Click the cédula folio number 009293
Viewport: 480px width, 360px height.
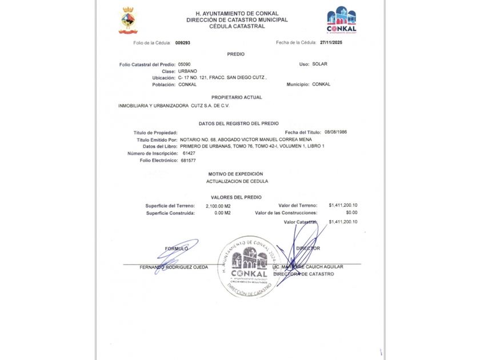point(182,42)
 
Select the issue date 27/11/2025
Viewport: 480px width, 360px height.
point(331,42)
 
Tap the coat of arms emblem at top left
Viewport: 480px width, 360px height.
point(127,21)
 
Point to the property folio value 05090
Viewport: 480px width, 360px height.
point(185,64)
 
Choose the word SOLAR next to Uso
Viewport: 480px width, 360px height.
point(320,64)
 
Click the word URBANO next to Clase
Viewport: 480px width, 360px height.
point(187,71)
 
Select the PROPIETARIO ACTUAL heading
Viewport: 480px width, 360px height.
point(237,97)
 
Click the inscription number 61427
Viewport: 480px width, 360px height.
point(189,153)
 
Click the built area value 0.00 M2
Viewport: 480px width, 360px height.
point(222,213)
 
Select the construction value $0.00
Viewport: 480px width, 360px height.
point(351,213)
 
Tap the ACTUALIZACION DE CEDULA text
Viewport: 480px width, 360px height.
point(237,181)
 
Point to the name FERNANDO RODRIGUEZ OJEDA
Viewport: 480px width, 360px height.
point(174,267)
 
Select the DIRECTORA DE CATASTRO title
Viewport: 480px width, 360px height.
point(303,274)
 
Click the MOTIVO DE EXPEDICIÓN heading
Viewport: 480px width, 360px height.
point(235,173)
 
